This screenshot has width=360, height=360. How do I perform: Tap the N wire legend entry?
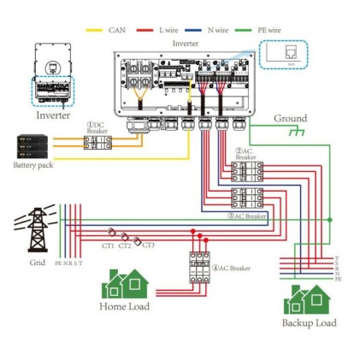point(217,30)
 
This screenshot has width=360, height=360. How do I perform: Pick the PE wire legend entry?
point(268,30)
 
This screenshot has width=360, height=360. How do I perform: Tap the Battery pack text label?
point(33,165)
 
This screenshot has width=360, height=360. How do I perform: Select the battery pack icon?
point(34,146)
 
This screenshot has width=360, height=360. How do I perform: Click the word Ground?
point(290,118)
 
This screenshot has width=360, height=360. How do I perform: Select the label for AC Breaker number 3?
point(247,217)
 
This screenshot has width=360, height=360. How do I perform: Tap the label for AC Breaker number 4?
point(232,269)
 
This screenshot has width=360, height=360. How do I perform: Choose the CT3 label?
point(148,245)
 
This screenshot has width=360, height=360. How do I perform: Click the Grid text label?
point(37,263)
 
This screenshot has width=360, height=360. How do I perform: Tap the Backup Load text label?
point(309,322)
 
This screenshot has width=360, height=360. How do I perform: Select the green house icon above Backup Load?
point(307,299)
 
